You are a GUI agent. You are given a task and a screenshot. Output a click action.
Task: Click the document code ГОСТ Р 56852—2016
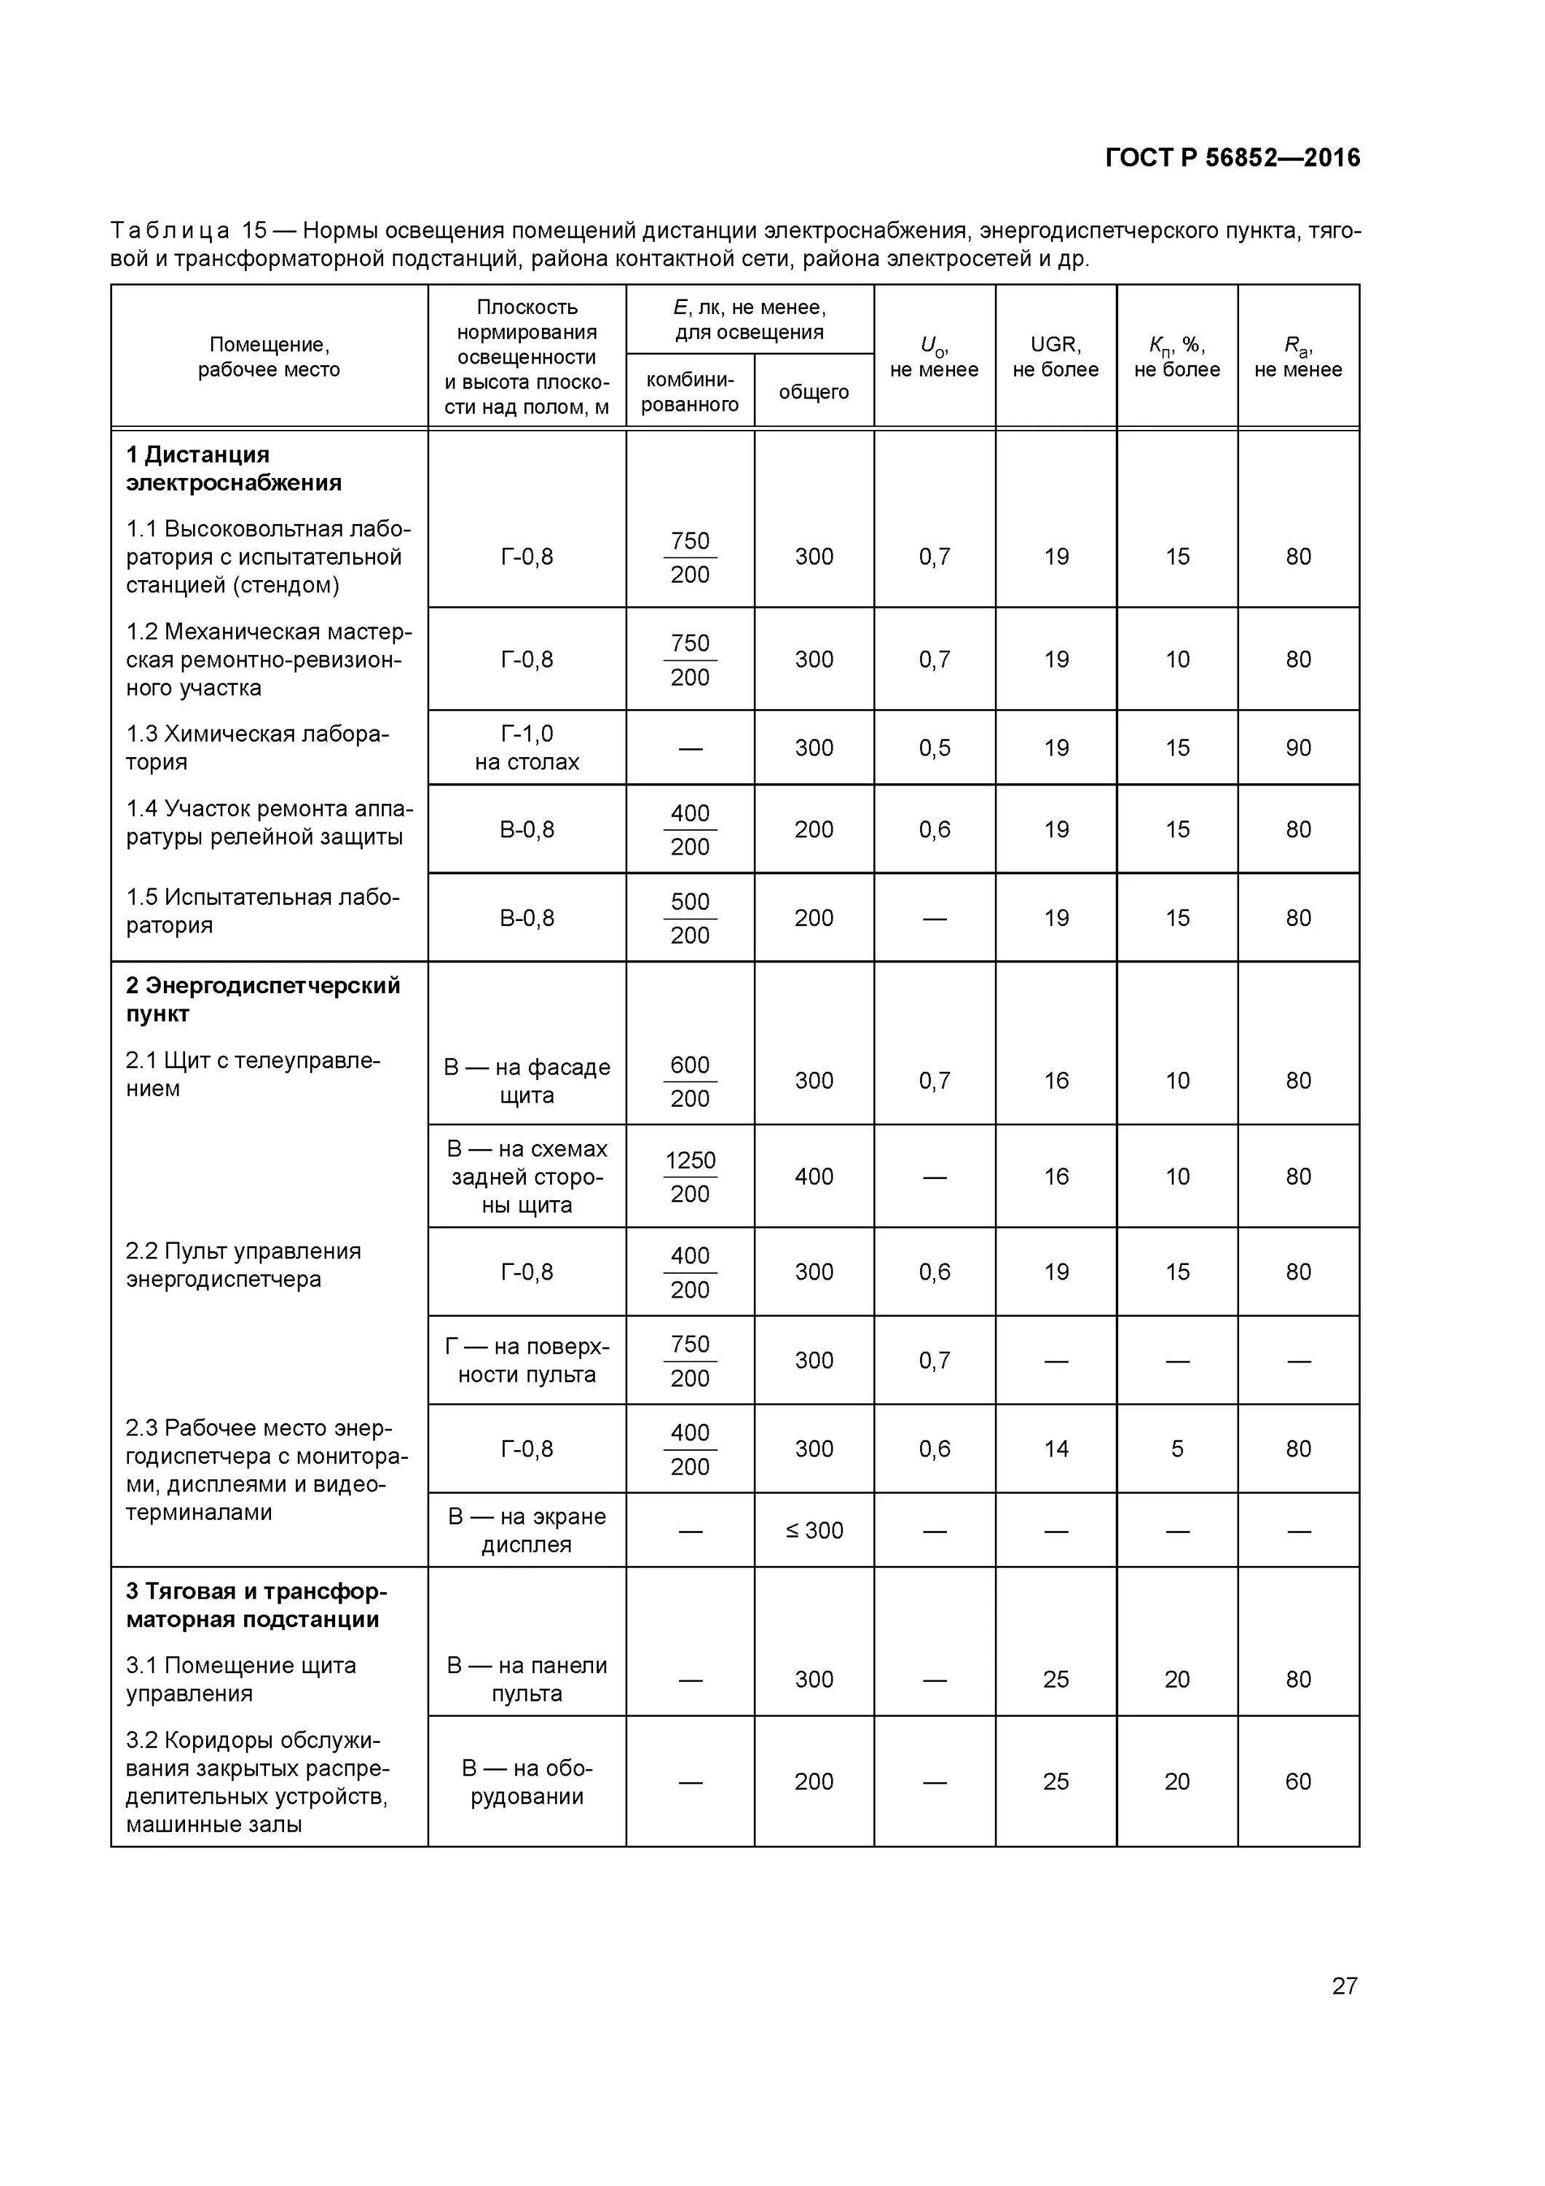click(1232, 158)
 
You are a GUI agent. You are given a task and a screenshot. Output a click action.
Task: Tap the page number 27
click(1343, 1985)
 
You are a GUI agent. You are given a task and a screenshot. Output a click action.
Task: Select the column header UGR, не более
click(1055, 357)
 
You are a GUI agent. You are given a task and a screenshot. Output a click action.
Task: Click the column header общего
click(813, 391)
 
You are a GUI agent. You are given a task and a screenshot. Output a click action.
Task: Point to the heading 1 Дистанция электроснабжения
click(233, 469)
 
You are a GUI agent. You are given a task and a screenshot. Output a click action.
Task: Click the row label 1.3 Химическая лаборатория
click(257, 748)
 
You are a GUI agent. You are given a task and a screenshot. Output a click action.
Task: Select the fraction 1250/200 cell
click(689, 1177)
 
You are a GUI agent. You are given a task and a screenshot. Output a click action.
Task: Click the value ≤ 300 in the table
click(814, 1530)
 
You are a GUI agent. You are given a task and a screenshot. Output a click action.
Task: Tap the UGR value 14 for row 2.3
click(1055, 1448)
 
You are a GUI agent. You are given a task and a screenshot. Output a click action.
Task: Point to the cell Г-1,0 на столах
click(527, 748)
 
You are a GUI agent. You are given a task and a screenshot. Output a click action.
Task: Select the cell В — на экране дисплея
click(527, 1530)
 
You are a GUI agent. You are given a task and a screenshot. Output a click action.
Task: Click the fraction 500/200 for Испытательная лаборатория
click(689, 918)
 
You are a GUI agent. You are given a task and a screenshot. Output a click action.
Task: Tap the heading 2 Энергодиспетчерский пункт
click(263, 999)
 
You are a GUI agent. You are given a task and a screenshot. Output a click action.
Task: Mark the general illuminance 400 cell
click(814, 1177)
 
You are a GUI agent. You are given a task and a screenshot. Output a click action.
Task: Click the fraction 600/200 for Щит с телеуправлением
click(689, 1081)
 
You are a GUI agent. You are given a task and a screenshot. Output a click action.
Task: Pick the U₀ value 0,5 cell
click(934, 748)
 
